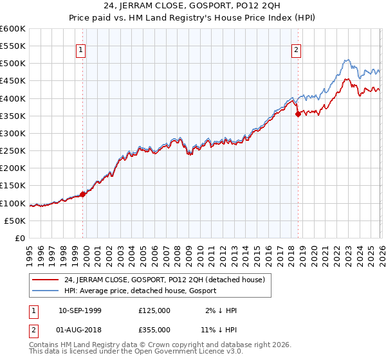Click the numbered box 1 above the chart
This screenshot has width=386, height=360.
81,51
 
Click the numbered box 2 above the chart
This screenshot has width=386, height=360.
297,51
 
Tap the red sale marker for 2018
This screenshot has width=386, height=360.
298,114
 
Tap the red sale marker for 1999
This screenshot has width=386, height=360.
83,194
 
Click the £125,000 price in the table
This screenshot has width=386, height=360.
154,310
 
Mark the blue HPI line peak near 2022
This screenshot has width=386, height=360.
345,60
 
